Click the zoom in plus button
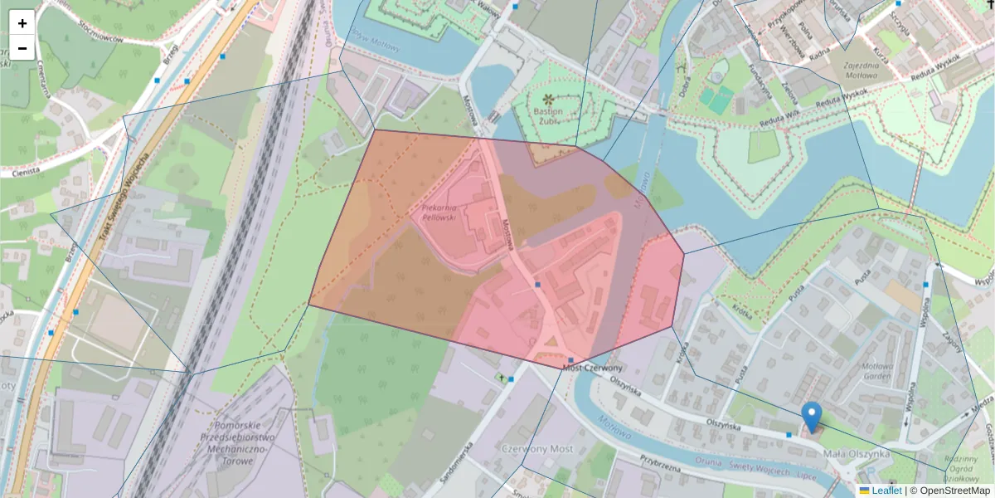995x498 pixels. [x=22, y=23]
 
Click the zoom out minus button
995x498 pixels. [x=22, y=48]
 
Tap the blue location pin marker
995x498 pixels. [x=812, y=416]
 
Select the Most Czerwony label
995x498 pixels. [x=592, y=368]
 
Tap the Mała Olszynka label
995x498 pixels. [x=857, y=453]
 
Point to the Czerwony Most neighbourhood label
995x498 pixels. [x=536, y=448]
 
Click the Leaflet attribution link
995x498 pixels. [x=886, y=491]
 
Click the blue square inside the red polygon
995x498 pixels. [x=537, y=285]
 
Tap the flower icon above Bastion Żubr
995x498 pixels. [x=547, y=99]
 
